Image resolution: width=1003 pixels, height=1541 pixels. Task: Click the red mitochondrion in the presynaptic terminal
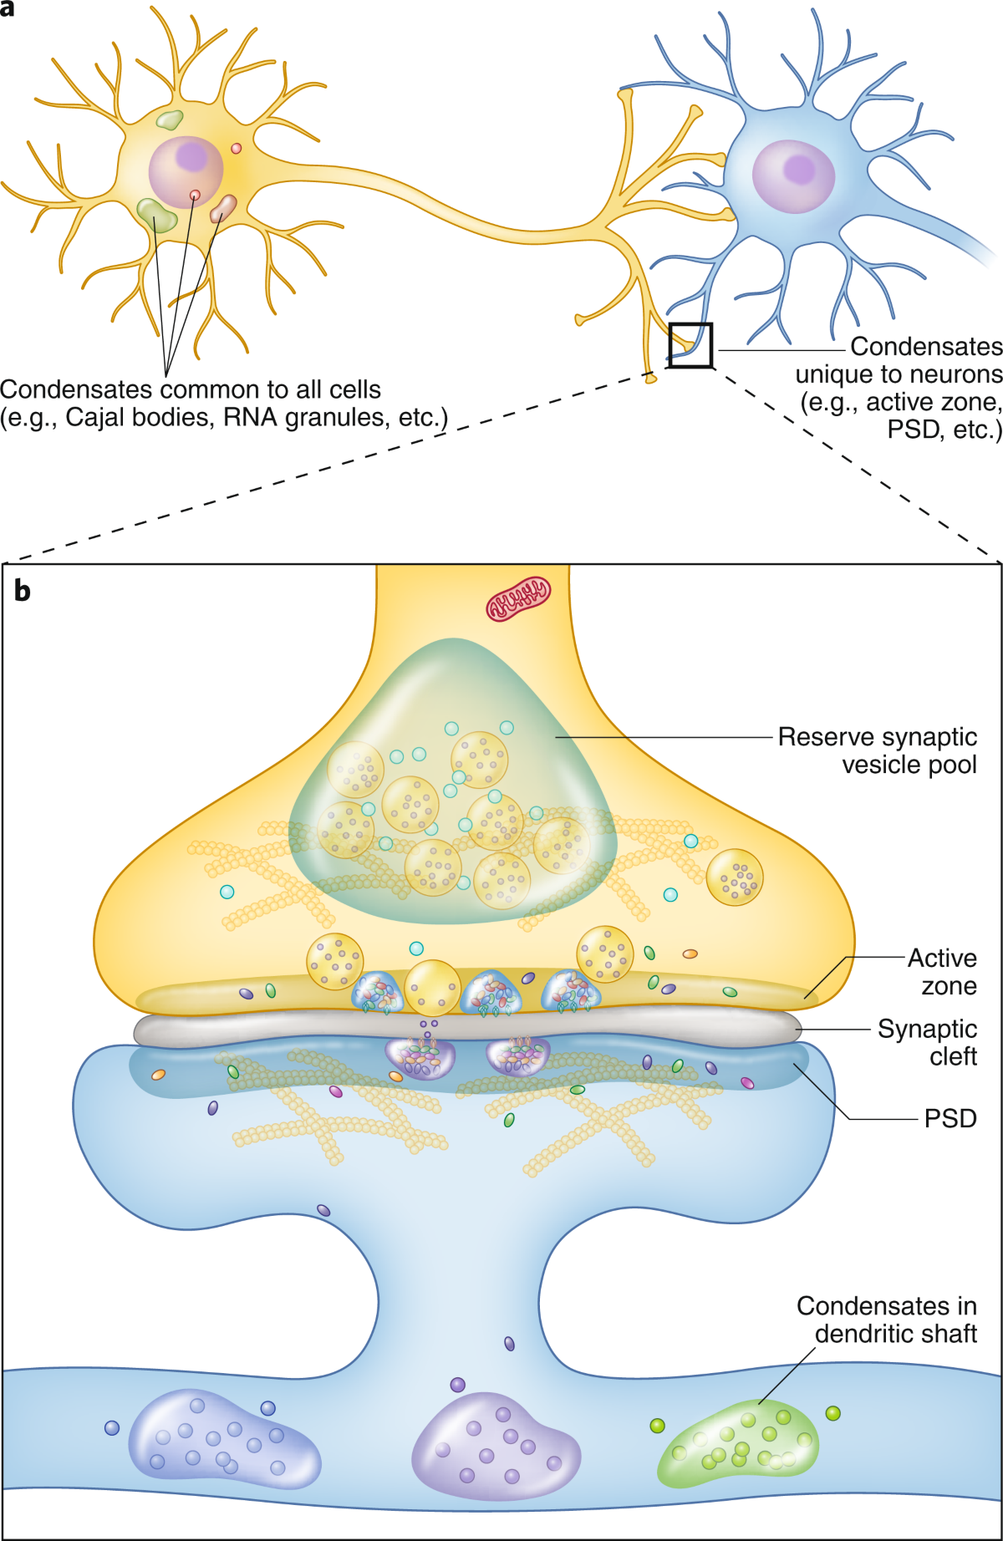tap(518, 599)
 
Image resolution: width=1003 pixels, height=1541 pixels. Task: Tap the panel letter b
tap(23, 592)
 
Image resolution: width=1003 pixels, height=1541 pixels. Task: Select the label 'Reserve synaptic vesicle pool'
tap(877, 750)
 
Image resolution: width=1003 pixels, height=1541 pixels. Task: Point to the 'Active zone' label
tap(943, 971)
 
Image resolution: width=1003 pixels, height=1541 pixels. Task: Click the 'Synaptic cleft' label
tap(928, 1042)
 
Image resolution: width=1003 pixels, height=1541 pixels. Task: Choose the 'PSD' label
tap(950, 1118)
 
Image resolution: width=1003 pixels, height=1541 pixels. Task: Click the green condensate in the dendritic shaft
tap(738, 1443)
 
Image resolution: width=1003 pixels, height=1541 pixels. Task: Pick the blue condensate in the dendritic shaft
tap(223, 1438)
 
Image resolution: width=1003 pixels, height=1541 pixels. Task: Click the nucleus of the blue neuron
tap(793, 175)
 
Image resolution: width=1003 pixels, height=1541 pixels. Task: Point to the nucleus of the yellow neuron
tap(186, 171)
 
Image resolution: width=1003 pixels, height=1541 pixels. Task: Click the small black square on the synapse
tap(690, 345)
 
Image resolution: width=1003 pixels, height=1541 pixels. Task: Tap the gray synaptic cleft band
tap(468, 1027)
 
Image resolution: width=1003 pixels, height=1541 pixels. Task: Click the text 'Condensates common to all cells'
tap(191, 389)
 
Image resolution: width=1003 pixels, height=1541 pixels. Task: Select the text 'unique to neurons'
tap(899, 374)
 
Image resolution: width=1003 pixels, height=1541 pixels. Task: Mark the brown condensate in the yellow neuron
tap(223, 209)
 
